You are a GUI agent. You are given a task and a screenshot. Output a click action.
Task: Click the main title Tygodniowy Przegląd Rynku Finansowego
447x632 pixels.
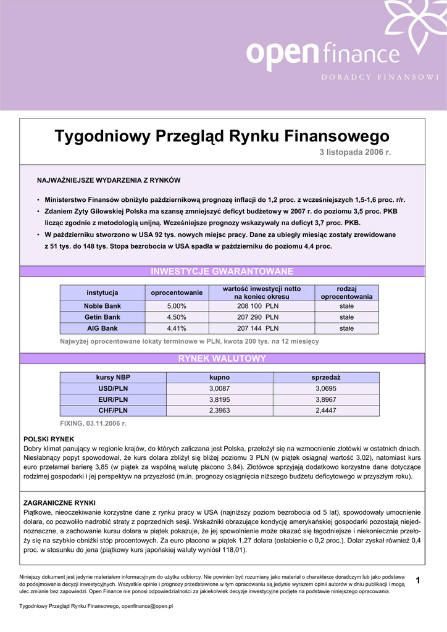(x=222, y=136)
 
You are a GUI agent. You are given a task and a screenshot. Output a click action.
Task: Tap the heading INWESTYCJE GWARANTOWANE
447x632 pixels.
(x=222, y=272)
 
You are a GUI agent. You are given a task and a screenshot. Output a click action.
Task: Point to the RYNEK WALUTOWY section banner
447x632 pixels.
(x=222, y=359)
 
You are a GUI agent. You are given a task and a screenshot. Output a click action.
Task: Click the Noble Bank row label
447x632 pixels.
(x=102, y=306)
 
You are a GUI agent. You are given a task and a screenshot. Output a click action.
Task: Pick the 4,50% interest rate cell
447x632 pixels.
(x=177, y=317)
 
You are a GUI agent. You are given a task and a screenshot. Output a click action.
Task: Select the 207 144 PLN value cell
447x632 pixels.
(x=257, y=328)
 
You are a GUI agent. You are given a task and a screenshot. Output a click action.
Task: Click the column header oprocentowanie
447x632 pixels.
(x=177, y=293)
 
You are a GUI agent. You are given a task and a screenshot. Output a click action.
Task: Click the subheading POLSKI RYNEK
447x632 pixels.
(x=49, y=439)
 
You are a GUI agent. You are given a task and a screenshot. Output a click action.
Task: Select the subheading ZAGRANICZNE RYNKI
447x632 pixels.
(x=59, y=503)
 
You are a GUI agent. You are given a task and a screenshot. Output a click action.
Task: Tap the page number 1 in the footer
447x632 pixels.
(x=418, y=580)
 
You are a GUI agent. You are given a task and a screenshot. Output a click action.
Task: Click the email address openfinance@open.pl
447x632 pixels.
(x=147, y=607)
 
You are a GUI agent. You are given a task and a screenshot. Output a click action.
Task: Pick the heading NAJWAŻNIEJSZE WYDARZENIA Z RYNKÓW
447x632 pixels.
(x=109, y=180)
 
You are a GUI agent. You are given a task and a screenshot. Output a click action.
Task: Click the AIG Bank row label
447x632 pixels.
(x=102, y=328)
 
